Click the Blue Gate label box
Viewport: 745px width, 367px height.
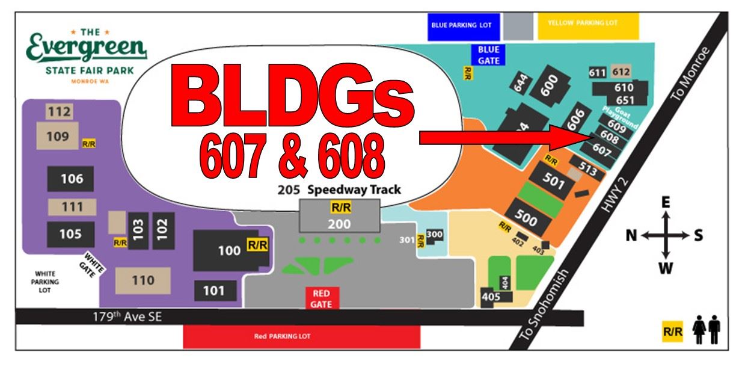[x=488, y=54]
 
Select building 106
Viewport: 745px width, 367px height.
[x=70, y=179]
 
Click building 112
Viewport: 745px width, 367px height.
[x=60, y=111]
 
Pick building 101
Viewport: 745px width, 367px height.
[x=213, y=291]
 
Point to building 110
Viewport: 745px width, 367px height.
[x=143, y=280]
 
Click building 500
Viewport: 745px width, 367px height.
[x=527, y=218]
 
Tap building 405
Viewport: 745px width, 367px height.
[x=491, y=296]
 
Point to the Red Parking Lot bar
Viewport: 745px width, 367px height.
[x=282, y=336]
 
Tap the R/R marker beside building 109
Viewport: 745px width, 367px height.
[x=88, y=144]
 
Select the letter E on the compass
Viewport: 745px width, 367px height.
[x=666, y=203]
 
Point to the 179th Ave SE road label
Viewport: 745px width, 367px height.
[x=127, y=316]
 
